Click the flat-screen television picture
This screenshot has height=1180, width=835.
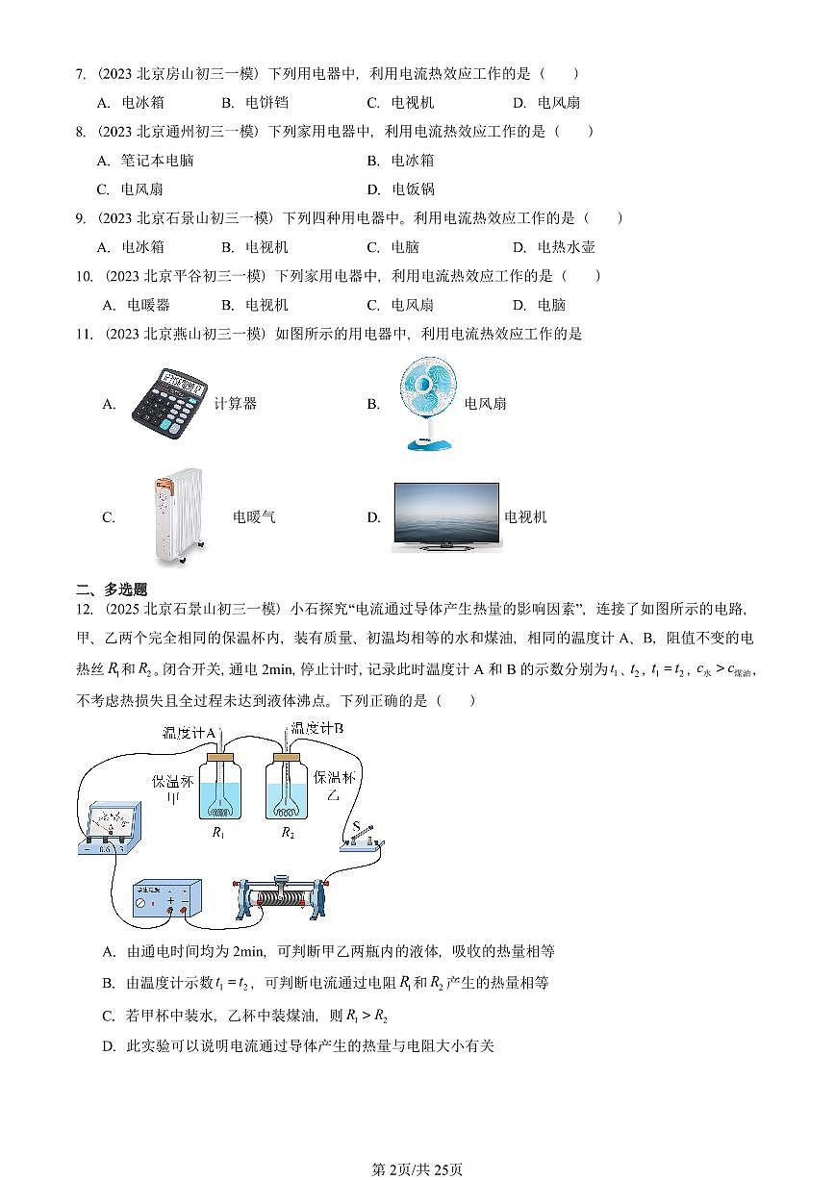pyautogui.click(x=445, y=516)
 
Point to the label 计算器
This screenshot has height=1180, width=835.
pyautogui.click(x=235, y=404)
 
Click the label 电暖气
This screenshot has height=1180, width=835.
pyautogui.click(x=254, y=517)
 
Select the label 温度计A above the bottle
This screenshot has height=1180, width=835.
pyautogui.click(x=189, y=734)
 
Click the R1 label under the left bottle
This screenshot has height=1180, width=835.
pyautogui.click(x=218, y=833)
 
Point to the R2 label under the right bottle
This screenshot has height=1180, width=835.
pyautogui.click(x=288, y=833)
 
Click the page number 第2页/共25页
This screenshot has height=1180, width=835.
pyautogui.click(x=417, y=1168)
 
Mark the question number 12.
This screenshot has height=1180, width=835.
pyautogui.click(x=83, y=609)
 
